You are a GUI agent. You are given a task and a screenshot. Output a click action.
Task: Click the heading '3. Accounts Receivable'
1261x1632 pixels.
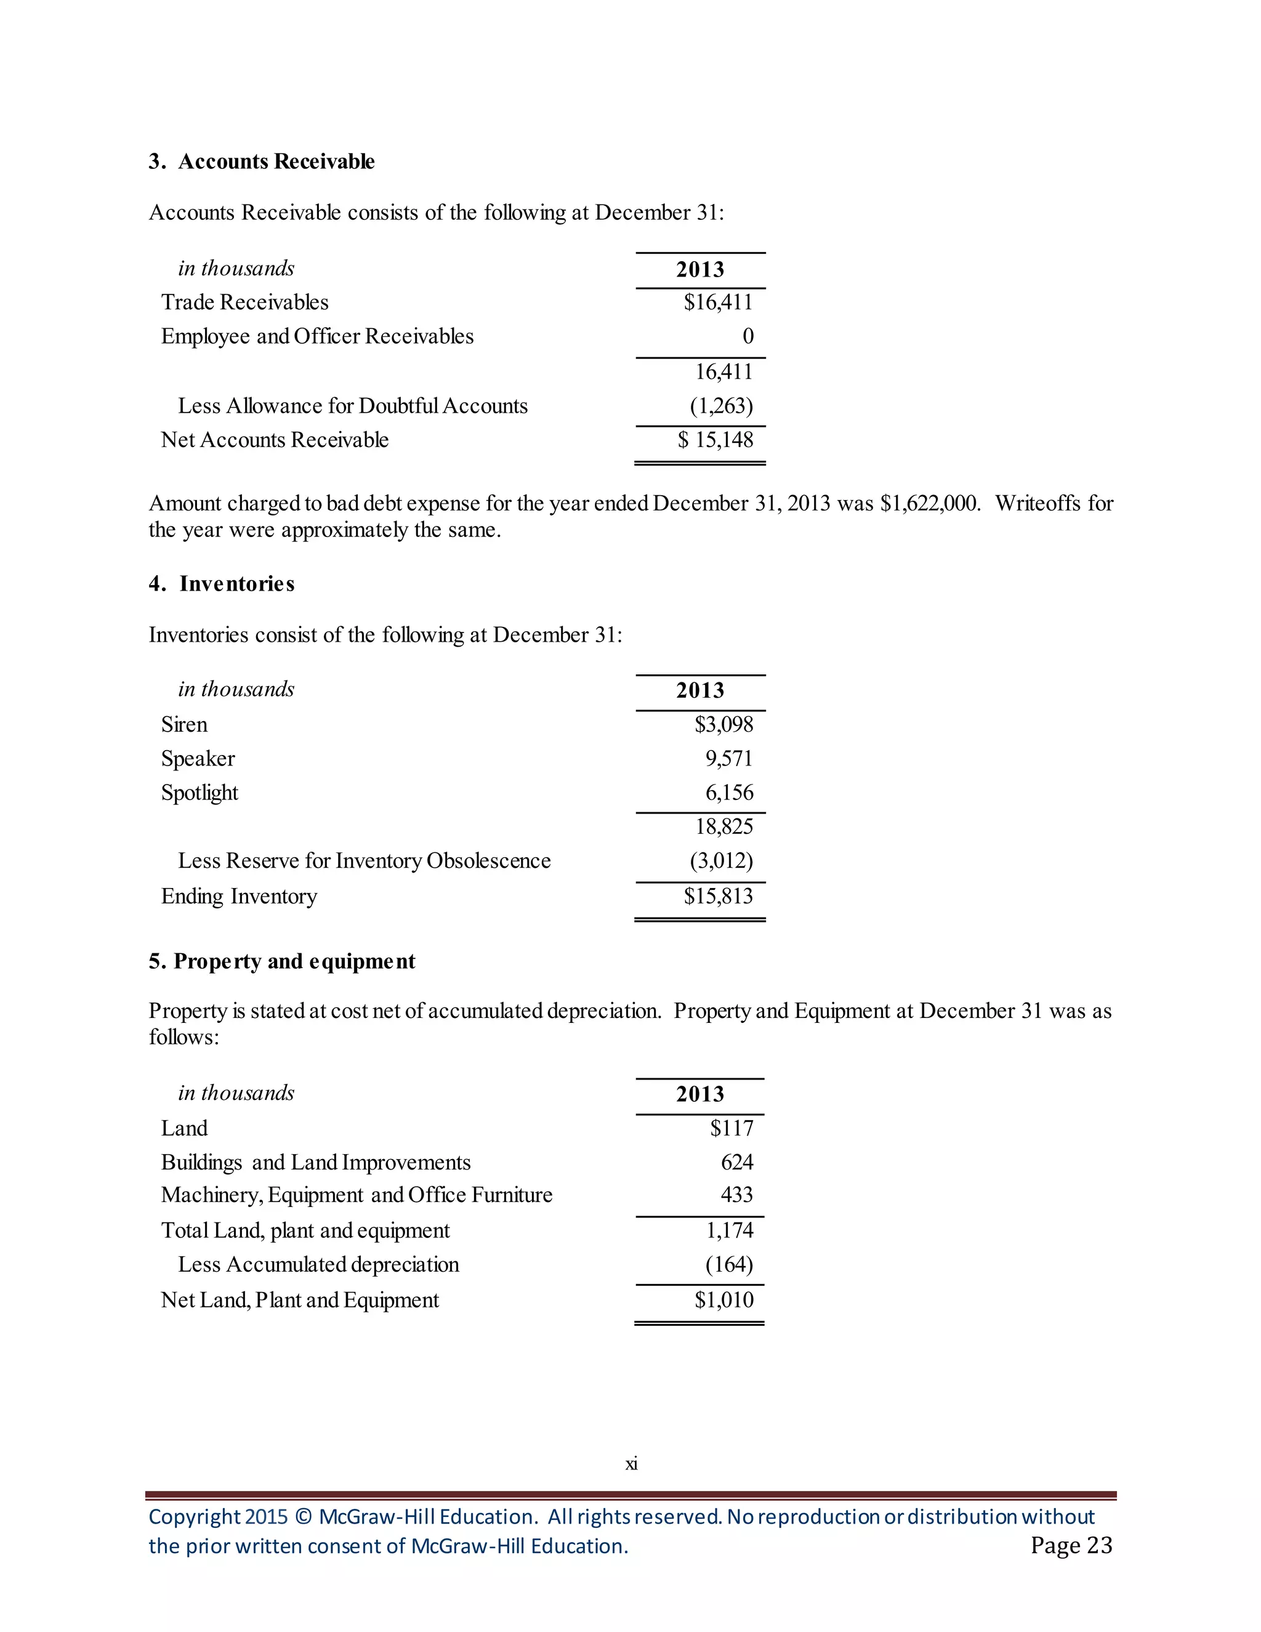pyautogui.click(x=262, y=161)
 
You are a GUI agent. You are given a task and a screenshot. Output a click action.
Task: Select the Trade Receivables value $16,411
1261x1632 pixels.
pyautogui.click(x=718, y=302)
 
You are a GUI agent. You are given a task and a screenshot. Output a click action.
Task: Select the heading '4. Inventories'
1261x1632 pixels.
pyautogui.click(x=221, y=584)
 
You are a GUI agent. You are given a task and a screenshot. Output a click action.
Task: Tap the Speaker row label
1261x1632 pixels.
pyautogui.click(x=198, y=759)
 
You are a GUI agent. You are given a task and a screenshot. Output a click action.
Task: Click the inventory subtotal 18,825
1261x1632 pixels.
pyautogui.click(x=724, y=826)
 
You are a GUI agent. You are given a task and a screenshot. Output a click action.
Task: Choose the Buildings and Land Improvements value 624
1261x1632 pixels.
pyautogui.click(x=736, y=1162)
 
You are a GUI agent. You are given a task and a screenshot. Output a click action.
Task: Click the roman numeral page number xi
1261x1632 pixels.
pyautogui.click(x=631, y=1464)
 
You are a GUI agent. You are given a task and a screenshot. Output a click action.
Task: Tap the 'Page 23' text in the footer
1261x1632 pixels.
pyautogui.click(x=1071, y=1545)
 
